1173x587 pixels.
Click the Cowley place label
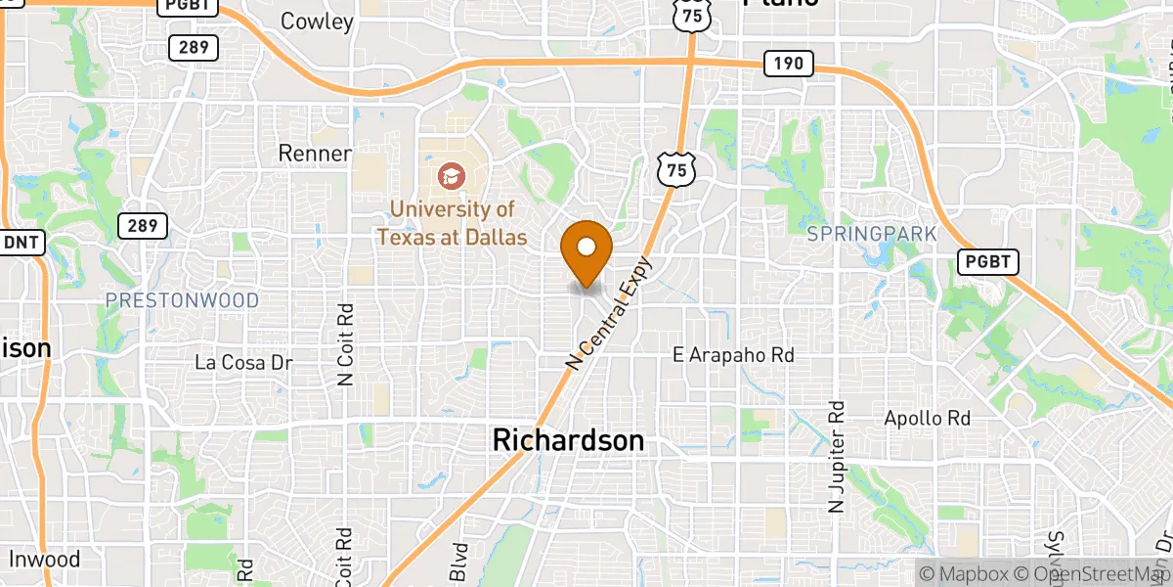tap(317, 21)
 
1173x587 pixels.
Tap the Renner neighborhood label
tap(315, 154)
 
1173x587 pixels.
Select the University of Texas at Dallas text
tap(452, 223)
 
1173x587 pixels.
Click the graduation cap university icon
tap(452, 176)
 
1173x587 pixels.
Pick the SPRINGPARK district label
tap(873, 234)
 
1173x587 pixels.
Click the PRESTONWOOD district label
tap(183, 300)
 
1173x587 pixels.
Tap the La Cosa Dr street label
tap(244, 362)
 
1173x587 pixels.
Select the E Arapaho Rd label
tap(733, 355)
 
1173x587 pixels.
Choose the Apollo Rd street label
tap(927, 419)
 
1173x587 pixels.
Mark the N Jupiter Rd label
tap(836, 456)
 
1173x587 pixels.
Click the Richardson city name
tap(568, 441)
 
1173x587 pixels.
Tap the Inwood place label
tap(44, 560)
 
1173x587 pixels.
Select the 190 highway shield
tap(788, 65)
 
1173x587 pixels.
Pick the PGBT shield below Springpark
tap(988, 261)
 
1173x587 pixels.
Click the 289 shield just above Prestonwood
tap(142, 226)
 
